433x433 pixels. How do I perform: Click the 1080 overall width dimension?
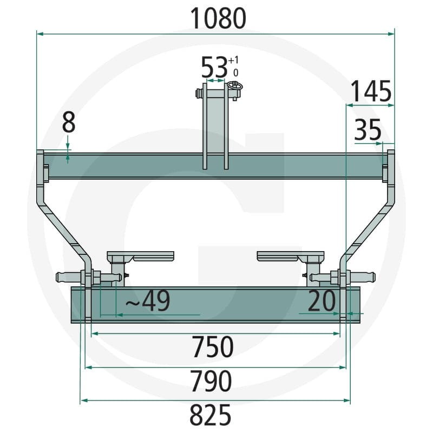[x=218, y=18]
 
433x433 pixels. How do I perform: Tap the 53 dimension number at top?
[x=214, y=67]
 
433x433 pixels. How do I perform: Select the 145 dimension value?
[x=371, y=91]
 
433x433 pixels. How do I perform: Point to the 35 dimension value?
[x=368, y=129]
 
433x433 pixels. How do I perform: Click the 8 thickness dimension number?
[x=69, y=123]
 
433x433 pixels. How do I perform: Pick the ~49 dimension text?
[x=148, y=301]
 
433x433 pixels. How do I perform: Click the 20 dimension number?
[x=322, y=300]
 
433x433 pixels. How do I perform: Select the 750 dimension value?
[x=213, y=346]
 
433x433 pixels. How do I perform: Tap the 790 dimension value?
[x=212, y=381]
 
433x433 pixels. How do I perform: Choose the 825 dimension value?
[x=211, y=415]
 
